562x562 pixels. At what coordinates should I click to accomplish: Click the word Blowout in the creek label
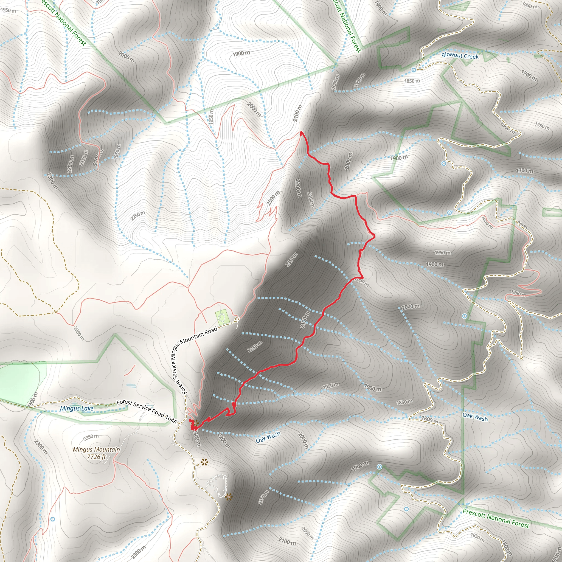click(x=452, y=55)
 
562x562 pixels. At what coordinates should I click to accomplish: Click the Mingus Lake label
click(x=77, y=408)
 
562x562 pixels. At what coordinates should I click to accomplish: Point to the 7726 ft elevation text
click(x=96, y=457)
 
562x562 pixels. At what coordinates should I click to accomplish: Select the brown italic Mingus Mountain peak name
click(x=96, y=449)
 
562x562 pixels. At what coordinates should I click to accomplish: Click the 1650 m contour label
click(x=530, y=5)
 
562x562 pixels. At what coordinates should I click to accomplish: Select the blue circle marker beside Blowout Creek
click(x=414, y=70)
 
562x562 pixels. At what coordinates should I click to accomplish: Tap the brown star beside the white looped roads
click(x=229, y=497)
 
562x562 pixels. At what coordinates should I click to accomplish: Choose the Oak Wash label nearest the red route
click(x=268, y=437)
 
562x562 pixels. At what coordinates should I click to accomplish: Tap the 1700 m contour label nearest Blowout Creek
click(x=529, y=75)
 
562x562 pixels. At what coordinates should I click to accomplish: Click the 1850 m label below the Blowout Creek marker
click(x=412, y=81)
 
